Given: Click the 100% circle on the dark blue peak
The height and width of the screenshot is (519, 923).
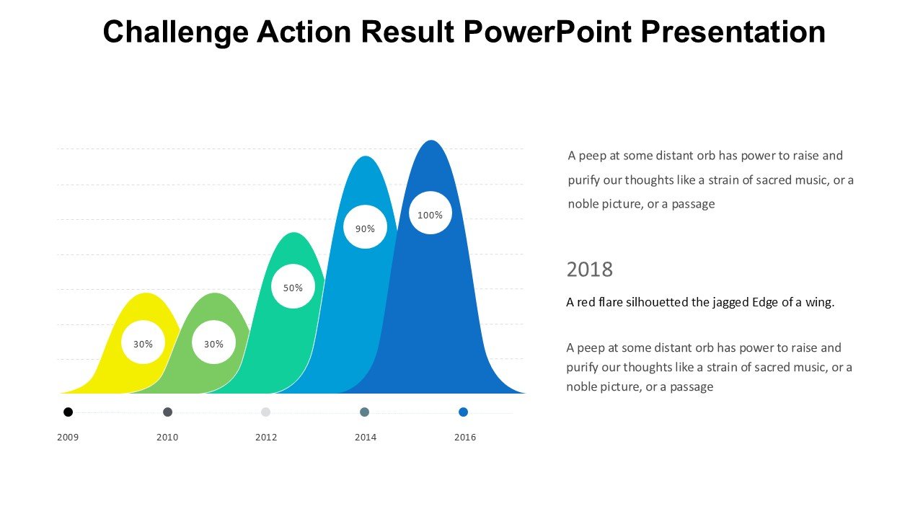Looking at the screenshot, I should click(x=430, y=213).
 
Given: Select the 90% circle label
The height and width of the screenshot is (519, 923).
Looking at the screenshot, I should click(x=365, y=228).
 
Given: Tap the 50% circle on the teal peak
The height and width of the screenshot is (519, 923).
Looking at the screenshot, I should click(x=293, y=287).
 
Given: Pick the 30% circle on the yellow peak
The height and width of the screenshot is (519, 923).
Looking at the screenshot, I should click(x=143, y=343).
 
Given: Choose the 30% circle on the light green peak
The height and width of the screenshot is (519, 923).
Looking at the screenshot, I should click(x=213, y=343).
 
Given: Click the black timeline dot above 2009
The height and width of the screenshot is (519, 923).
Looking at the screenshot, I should click(x=68, y=412).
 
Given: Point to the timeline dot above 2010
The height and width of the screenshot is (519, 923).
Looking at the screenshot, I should click(x=167, y=412).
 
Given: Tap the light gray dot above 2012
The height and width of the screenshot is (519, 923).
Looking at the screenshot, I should click(x=265, y=412).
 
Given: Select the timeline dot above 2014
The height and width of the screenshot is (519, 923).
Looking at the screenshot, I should click(x=364, y=412).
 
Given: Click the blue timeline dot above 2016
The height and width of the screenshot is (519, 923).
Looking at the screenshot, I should click(x=463, y=412).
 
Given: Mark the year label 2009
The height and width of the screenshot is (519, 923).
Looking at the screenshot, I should click(x=68, y=437).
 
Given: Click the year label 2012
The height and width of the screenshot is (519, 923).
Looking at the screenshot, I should click(x=266, y=437).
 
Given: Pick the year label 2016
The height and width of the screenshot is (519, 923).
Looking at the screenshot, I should click(x=464, y=437).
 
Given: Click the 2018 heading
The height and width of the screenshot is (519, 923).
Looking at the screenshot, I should click(x=589, y=270).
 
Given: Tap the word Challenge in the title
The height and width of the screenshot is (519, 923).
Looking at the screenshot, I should click(x=175, y=32).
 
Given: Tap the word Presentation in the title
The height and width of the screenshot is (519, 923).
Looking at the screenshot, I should click(x=733, y=32).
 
